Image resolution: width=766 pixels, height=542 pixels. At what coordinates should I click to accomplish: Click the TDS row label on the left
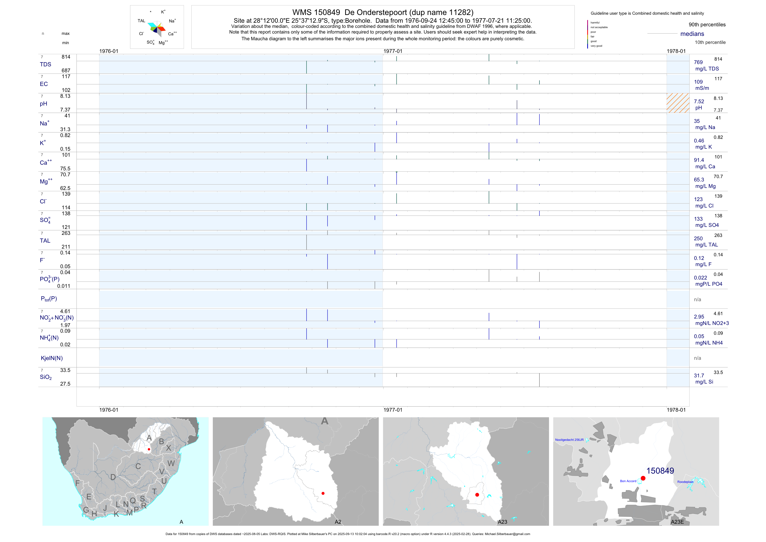click(45, 65)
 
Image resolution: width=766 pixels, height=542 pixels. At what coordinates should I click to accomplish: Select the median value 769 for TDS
click(698, 62)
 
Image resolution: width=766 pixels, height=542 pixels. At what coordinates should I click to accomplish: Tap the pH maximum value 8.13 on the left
click(65, 96)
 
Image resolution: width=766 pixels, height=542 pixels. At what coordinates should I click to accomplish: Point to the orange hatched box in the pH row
click(678, 103)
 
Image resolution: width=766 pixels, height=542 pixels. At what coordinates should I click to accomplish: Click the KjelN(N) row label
click(52, 358)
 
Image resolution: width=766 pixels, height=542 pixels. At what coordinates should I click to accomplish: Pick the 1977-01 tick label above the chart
click(393, 51)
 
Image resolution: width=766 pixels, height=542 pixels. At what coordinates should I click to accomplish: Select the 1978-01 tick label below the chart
click(676, 410)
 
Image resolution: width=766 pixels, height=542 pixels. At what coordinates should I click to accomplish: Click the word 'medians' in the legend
click(692, 34)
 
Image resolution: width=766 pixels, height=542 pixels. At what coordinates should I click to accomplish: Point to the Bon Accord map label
click(628, 481)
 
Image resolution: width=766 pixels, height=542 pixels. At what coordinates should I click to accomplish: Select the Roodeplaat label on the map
click(685, 482)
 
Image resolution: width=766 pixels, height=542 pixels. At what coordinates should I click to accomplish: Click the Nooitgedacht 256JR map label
click(569, 440)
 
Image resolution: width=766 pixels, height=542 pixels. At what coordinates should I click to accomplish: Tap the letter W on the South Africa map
click(171, 463)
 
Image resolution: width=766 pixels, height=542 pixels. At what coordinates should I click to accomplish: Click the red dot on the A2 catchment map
click(323, 493)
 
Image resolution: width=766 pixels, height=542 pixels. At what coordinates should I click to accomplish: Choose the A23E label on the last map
click(677, 522)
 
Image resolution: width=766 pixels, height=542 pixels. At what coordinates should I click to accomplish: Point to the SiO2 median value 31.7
click(699, 376)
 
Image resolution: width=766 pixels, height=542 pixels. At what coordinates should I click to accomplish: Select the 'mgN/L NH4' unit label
click(709, 343)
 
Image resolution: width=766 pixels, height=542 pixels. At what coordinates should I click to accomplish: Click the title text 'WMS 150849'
click(316, 12)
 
